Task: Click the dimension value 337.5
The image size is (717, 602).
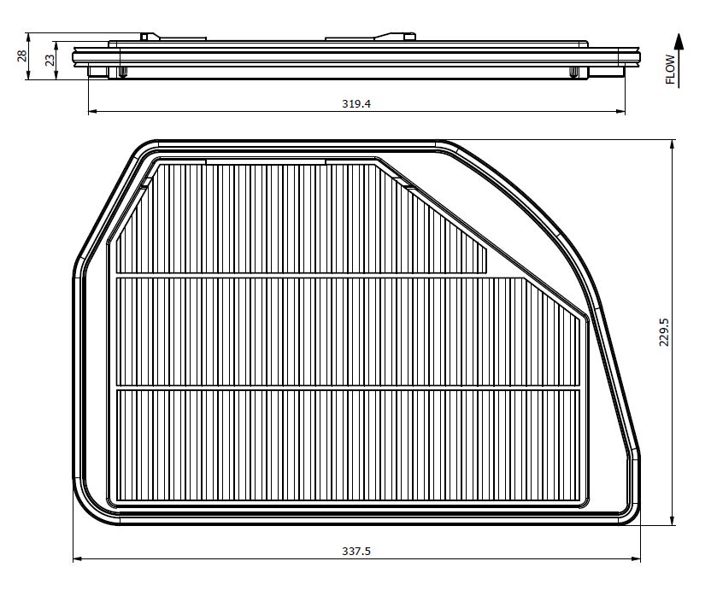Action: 356,552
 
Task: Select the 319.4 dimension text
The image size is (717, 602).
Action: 356,103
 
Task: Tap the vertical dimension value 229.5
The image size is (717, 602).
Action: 664,332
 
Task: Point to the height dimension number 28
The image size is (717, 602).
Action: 21,56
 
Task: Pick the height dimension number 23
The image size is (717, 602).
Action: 50,60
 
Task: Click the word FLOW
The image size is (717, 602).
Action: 670,69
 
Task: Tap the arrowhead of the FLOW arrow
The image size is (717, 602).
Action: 679,40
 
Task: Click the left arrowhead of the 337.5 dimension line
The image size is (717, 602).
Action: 78,558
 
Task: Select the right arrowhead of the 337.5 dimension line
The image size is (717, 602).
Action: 635,558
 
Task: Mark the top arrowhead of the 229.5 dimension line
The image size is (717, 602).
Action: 672,145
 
